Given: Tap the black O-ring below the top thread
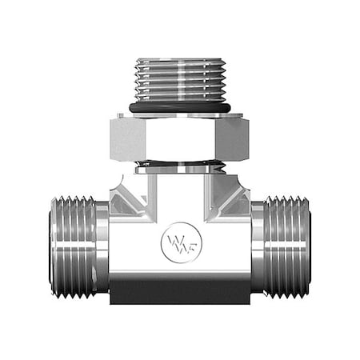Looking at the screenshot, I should point(179,106).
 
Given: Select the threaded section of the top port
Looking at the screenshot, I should point(179,80).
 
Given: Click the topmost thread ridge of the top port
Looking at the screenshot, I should point(179,62).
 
